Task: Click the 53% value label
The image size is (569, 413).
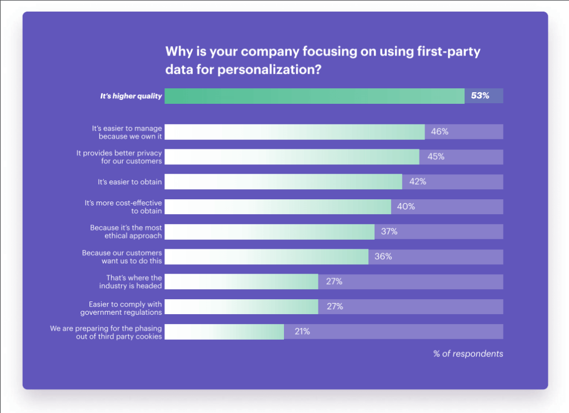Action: (x=480, y=95)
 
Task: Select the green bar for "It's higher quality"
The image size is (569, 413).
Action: (x=315, y=95)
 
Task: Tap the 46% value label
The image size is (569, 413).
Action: (x=440, y=132)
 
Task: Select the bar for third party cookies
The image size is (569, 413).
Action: (x=224, y=331)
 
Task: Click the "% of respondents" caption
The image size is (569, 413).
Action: (x=468, y=354)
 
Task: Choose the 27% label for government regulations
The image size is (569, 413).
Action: (x=335, y=306)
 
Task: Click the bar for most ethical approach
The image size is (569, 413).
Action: (x=269, y=231)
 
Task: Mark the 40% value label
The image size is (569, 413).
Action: (x=406, y=206)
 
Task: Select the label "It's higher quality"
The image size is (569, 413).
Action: (x=131, y=96)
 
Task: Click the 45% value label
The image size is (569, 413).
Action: (x=436, y=157)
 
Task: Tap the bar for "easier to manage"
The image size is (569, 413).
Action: (x=295, y=132)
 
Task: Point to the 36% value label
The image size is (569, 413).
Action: (x=383, y=256)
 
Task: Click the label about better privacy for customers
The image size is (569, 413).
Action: (x=119, y=157)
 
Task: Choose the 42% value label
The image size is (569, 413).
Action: (x=417, y=182)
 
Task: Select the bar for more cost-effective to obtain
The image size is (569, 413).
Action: (x=278, y=206)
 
